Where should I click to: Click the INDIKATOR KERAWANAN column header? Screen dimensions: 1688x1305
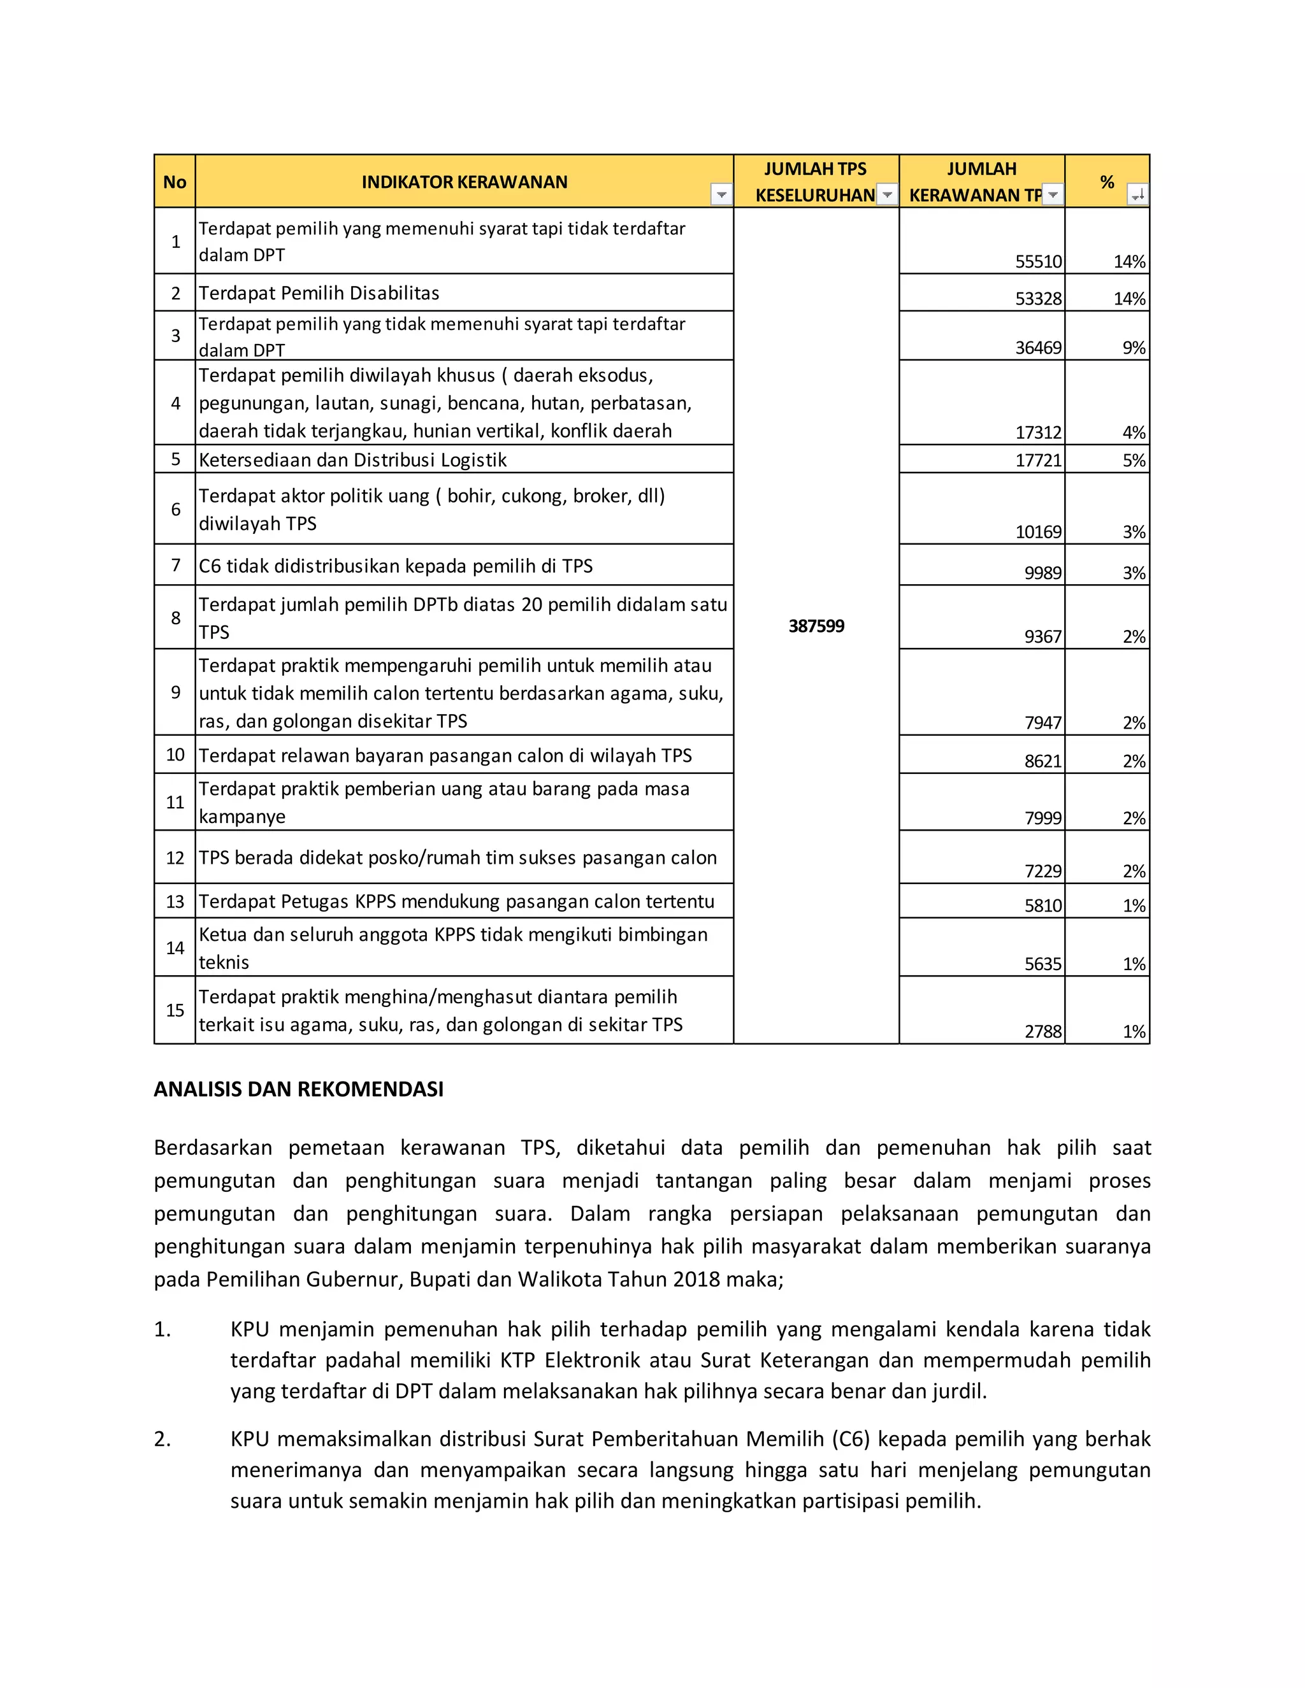point(464,182)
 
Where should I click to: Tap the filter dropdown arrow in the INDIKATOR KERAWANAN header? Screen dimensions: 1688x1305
point(721,195)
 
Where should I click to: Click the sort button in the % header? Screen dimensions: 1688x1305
point(1137,195)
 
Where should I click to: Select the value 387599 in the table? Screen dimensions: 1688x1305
point(816,626)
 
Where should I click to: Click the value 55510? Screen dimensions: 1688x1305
point(1038,262)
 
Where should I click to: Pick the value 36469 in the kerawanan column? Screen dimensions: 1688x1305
point(1038,348)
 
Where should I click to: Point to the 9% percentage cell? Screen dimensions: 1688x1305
point(1134,348)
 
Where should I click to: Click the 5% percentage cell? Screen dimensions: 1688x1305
point(1134,461)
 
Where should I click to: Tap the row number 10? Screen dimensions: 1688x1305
point(175,754)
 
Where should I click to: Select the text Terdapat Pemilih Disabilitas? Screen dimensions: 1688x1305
point(319,293)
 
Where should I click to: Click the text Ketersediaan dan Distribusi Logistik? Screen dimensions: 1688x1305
point(352,461)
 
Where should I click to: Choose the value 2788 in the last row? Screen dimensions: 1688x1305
point(1043,1032)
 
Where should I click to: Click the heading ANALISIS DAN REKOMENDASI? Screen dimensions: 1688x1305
point(298,1089)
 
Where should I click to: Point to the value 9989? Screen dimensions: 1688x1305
point(1043,573)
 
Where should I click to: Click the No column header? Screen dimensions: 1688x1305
point(175,182)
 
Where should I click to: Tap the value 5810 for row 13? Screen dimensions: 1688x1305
point(1043,906)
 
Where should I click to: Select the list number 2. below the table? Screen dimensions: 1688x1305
point(162,1438)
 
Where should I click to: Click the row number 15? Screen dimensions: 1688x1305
point(175,1010)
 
